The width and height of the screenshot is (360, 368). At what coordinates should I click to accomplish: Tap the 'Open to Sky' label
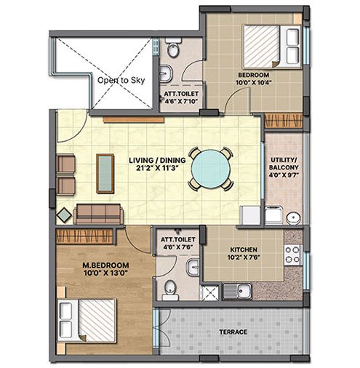pyautogui.click(x=121, y=80)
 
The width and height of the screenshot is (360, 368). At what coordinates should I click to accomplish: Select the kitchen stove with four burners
pyautogui.click(x=292, y=255)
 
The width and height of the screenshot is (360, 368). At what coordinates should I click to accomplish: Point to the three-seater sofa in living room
pyautogui.click(x=98, y=214)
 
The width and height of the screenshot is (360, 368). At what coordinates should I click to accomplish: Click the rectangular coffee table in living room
pyautogui.click(x=105, y=173)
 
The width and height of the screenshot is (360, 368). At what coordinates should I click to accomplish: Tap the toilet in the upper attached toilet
pyautogui.click(x=173, y=47)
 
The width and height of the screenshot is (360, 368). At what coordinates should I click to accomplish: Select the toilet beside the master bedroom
pyautogui.click(x=170, y=290)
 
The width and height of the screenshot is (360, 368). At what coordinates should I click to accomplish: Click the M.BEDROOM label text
pyautogui.click(x=105, y=265)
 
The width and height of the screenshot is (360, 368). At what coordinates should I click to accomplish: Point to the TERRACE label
pyautogui.click(x=233, y=332)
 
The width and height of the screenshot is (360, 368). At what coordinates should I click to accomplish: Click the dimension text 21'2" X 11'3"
pyautogui.click(x=158, y=168)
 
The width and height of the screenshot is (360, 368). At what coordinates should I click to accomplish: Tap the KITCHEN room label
pyautogui.click(x=244, y=249)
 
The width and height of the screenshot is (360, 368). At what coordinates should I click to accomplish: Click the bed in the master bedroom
pyautogui.click(x=87, y=321)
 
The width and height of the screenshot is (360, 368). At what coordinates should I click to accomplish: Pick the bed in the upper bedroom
pyautogui.click(x=272, y=46)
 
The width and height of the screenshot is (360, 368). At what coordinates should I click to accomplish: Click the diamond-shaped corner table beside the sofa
pyautogui.click(x=64, y=215)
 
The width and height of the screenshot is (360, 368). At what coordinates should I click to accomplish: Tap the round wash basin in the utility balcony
pyautogui.click(x=293, y=218)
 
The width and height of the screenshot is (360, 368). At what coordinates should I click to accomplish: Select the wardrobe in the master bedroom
pyautogui.click(x=84, y=236)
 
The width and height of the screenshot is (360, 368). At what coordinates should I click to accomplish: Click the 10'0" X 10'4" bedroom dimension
pyautogui.click(x=253, y=82)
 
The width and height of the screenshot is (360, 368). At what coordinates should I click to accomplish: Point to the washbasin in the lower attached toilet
pyautogui.click(x=193, y=267)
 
